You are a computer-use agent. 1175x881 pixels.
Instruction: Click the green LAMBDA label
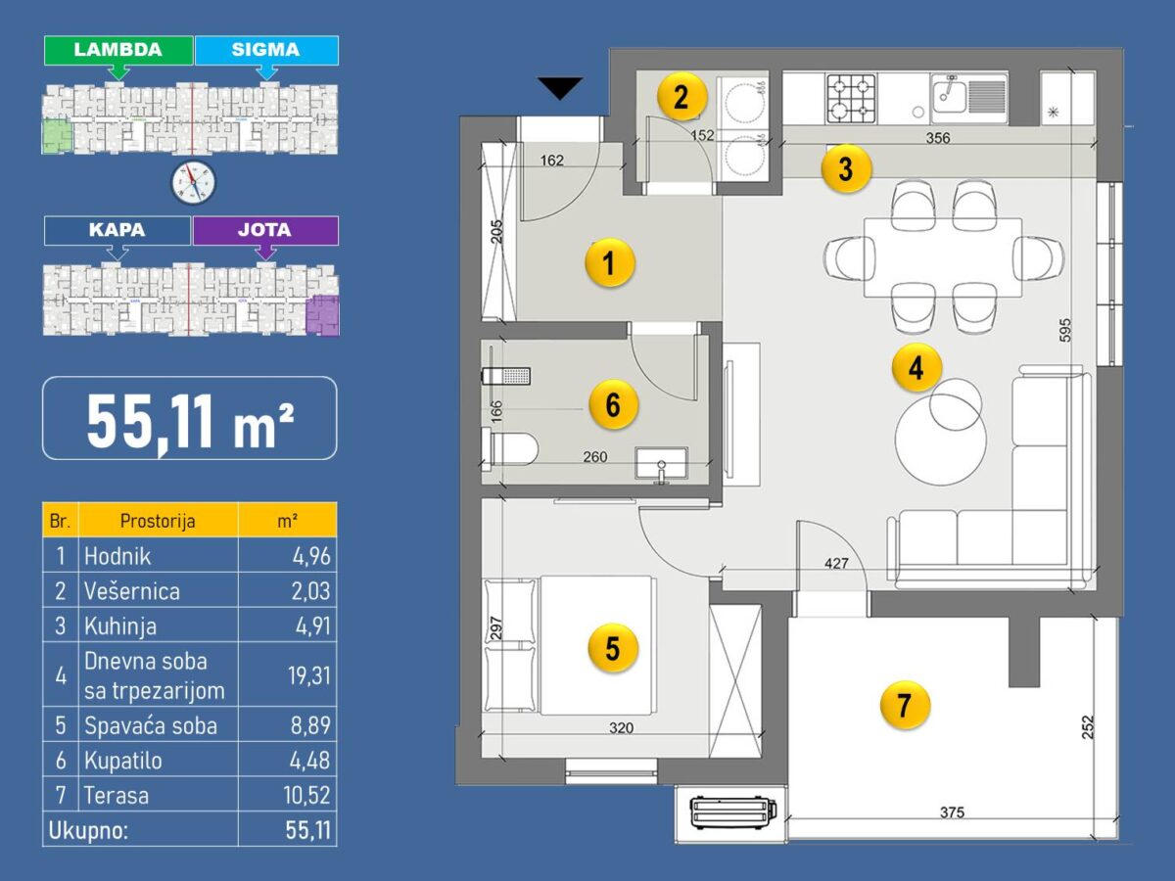118,50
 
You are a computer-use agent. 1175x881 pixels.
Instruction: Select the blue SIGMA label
266,50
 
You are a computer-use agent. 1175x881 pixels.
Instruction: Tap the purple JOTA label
265,231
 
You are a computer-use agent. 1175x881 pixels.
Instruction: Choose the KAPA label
117,231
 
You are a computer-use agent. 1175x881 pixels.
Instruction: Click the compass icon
193,182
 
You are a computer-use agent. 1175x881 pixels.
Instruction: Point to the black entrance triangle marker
560,88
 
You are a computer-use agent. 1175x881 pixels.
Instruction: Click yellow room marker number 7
905,705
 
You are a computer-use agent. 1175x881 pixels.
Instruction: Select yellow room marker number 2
681,98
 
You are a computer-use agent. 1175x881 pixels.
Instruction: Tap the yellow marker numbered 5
613,648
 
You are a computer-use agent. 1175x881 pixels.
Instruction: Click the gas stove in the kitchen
852,99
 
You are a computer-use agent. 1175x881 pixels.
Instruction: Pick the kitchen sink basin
949,97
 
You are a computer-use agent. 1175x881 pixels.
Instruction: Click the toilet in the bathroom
509,449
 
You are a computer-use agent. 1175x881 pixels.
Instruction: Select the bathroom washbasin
661,463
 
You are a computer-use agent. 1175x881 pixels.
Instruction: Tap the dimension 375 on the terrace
952,812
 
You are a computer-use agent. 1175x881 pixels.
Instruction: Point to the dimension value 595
1065,330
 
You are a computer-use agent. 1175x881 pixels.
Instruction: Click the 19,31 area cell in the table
309,675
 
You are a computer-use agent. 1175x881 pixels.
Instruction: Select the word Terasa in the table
117,795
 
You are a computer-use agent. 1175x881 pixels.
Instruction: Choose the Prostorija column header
158,521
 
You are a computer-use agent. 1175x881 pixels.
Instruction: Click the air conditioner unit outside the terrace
732,812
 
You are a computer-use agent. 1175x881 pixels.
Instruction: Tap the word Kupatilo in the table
123,761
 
